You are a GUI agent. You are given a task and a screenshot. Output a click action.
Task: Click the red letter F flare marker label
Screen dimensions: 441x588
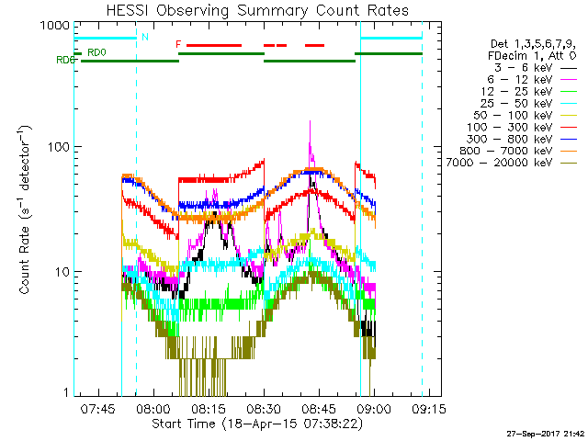pyautogui.click(x=178, y=44)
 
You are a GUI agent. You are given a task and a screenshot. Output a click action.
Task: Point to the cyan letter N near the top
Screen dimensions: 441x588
pyautogui.click(x=144, y=38)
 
